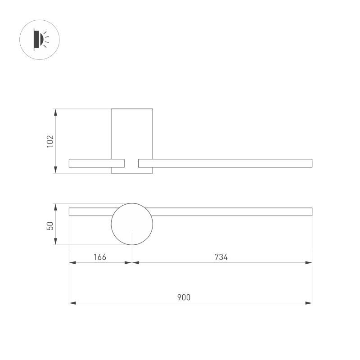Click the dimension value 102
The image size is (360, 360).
pyautogui.click(x=50, y=141)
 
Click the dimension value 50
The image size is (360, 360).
pyautogui.click(x=50, y=225)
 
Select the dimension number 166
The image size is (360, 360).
pyautogui.click(x=99, y=257)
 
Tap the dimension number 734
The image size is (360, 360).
pyautogui.click(x=221, y=257)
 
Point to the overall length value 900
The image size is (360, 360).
pyautogui.click(x=184, y=297)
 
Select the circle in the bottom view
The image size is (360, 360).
pyautogui.click(x=132, y=224)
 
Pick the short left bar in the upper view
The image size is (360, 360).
pyautogui.click(x=90, y=163)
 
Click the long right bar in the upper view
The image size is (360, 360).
pyautogui.click(x=225, y=163)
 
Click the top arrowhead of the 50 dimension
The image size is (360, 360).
pyautogui.click(x=56, y=206)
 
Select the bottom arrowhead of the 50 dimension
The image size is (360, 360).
pyautogui.click(x=56, y=242)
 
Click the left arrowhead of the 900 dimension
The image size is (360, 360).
pyautogui.click(x=72, y=303)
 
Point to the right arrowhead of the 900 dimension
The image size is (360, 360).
pyautogui.click(x=309, y=303)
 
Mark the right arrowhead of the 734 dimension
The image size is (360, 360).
pyautogui.click(x=309, y=263)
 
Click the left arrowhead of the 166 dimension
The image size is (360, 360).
pyautogui.click(x=72, y=263)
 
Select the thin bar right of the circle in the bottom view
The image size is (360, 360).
pyautogui.click(x=232, y=212)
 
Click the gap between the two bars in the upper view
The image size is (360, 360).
pyautogui.click(x=131, y=163)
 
